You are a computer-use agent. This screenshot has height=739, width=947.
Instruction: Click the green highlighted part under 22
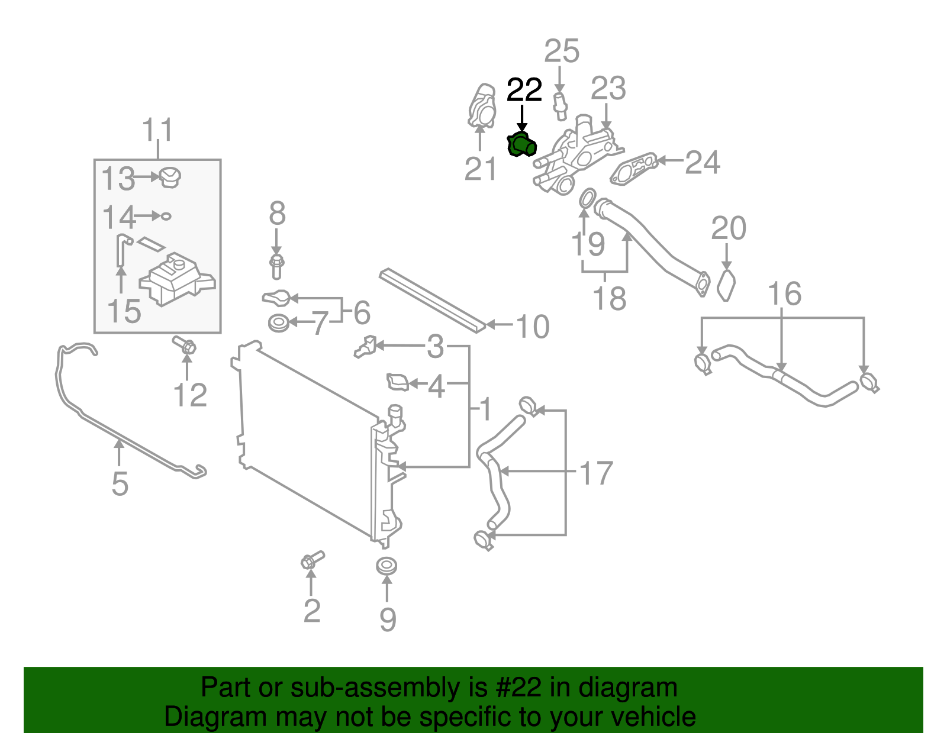tap(521, 145)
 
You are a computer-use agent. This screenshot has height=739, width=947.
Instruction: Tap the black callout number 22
tap(524, 91)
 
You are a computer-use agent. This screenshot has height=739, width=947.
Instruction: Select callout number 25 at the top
tap(561, 51)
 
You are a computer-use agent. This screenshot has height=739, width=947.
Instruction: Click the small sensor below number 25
tap(560, 103)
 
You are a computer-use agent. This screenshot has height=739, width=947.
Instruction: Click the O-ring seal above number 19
tap(587, 198)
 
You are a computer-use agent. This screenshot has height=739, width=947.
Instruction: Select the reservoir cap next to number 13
tap(170, 177)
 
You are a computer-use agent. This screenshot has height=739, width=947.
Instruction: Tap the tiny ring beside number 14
tap(166, 216)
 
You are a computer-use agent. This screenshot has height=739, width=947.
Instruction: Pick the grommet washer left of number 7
tap(278, 324)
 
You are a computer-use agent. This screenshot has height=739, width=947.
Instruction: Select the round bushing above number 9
tap(386, 566)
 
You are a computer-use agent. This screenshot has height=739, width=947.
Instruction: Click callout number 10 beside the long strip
tap(533, 327)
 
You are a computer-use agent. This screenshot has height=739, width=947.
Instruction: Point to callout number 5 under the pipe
tap(120, 484)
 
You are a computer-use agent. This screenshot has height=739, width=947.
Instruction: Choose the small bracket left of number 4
tap(397, 382)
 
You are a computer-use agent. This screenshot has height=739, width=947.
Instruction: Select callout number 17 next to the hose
tap(595, 473)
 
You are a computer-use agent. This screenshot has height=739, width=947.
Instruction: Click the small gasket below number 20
tap(726, 286)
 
